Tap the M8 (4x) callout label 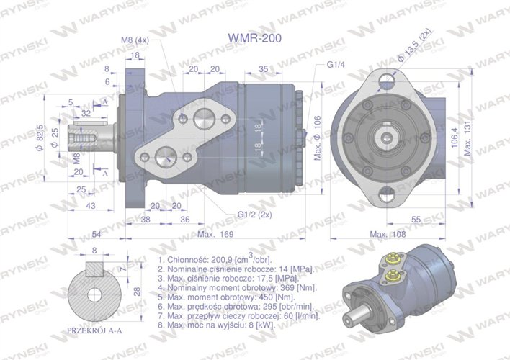(135, 41)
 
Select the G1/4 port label (335, 65)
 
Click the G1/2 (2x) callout (254, 213)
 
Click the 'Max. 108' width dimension (387, 234)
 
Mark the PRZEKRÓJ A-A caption (94, 330)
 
